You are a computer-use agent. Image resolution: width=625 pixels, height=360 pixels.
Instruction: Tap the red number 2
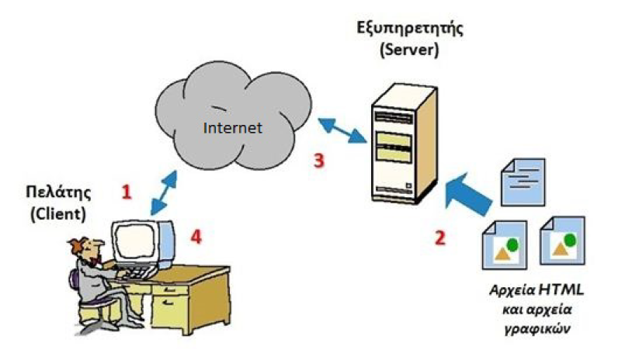click(439, 237)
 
